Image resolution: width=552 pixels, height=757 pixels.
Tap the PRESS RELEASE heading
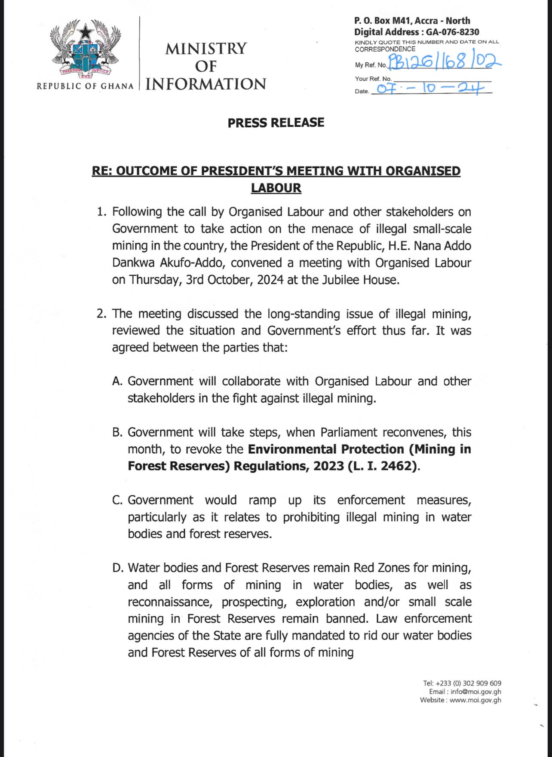click(276, 123)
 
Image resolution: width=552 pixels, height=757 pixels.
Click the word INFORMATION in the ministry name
click(206, 84)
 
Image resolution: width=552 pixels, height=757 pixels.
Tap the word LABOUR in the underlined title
click(276, 188)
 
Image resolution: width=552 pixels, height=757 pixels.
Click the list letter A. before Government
click(117, 381)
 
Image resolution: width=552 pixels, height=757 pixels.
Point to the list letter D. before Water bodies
click(117, 568)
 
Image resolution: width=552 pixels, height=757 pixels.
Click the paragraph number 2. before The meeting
click(101, 314)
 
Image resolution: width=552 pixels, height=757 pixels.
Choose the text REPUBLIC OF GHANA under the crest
click(85, 86)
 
